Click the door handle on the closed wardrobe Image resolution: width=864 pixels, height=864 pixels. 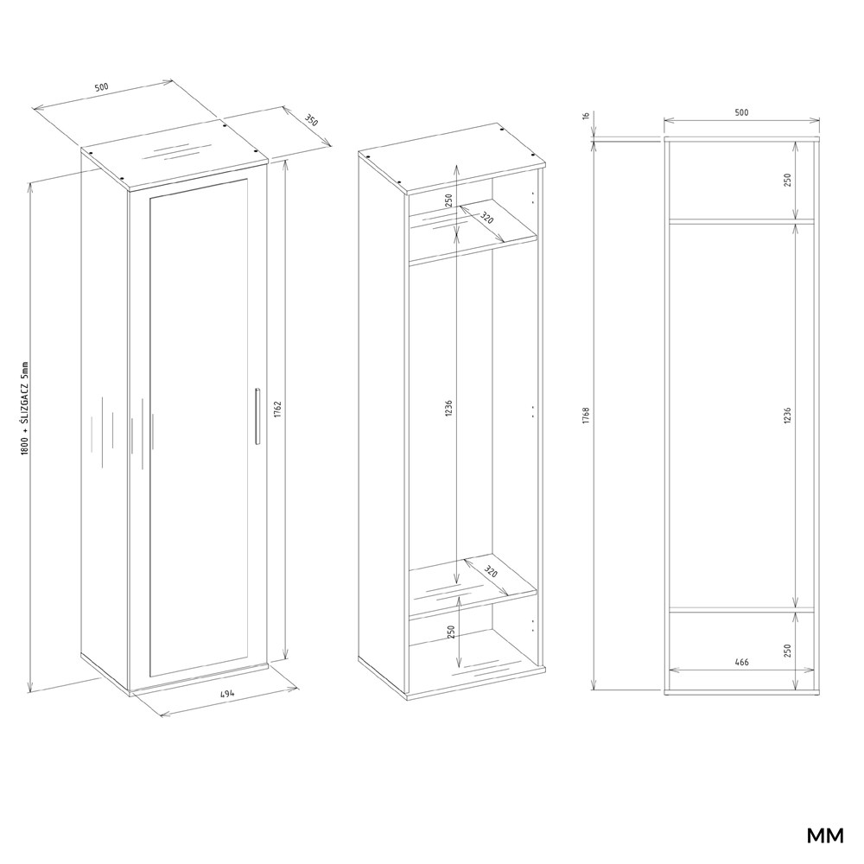[257, 416]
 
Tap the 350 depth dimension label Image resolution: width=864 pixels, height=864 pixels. [311, 122]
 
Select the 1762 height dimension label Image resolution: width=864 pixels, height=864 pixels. [277, 409]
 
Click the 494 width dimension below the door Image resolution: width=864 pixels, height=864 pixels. [227, 694]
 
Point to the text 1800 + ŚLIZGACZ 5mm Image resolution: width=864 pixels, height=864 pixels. [24, 408]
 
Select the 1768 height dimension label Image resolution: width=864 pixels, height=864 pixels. [586, 415]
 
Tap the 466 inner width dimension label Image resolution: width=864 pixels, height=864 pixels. [741, 662]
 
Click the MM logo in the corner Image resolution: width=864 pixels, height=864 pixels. [825, 835]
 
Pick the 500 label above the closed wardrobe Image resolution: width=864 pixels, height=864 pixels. [102, 87]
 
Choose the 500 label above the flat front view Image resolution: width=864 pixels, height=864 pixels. [741, 112]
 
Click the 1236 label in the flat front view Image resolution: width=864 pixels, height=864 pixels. [787, 415]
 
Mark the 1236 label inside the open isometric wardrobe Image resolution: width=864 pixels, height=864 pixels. [448, 409]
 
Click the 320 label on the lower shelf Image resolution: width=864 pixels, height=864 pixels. [491, 571]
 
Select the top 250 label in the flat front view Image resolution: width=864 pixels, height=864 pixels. [787, 180]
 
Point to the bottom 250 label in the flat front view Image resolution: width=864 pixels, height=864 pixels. [787, 651]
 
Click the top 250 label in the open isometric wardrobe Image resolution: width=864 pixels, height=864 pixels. [448, 200]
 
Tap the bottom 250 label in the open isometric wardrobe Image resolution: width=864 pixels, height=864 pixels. [451, 632]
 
